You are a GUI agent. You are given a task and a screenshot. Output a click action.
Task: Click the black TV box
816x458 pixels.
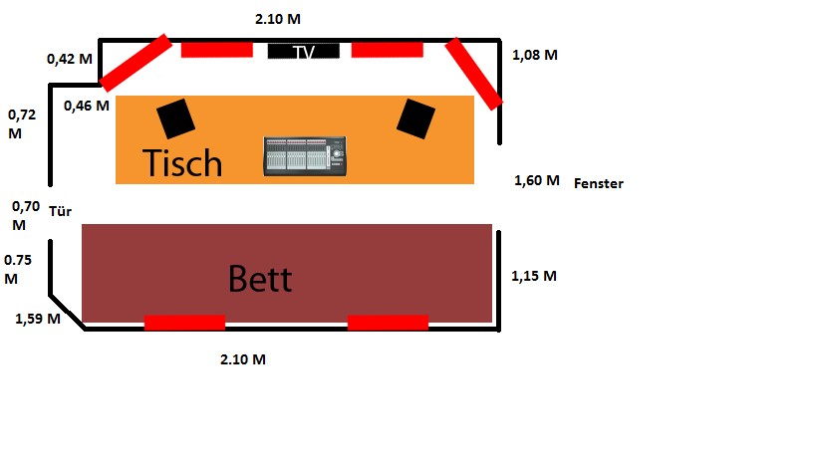(304, 51)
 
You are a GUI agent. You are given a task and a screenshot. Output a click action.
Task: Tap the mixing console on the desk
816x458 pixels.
(305, 156)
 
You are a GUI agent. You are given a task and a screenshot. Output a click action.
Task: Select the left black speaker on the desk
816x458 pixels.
(176, 118)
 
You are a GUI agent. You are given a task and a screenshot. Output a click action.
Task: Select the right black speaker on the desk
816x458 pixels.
(415, 118)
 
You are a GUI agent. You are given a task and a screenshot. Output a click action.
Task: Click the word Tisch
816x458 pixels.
(182, 162)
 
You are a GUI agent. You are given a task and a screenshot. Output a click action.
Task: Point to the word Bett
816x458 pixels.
(260, 279)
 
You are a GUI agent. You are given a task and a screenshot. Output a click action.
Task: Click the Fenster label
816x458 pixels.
(599, 183)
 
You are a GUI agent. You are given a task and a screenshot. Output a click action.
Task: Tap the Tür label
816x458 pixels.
(61, 211)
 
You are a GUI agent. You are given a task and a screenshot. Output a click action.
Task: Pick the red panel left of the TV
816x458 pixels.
(217, 50)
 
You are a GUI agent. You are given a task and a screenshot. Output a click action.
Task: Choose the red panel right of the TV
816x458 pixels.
(388, 50)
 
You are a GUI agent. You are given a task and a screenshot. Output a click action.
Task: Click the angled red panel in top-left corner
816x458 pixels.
(136, 63)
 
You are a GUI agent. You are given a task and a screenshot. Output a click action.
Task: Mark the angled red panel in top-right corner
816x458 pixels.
(473, 74)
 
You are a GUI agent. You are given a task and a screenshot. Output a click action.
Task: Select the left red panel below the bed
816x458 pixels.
(184, 323)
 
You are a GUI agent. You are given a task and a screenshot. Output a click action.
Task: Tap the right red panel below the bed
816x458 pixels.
(388, 323)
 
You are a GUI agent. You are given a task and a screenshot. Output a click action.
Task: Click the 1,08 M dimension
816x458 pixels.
(535, 55)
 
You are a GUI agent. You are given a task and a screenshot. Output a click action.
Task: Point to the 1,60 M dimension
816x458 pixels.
(537, 181)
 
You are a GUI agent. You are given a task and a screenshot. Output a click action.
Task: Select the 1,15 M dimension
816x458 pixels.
(534, 276)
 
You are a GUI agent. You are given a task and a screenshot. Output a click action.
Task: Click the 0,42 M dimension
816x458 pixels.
(70, 59)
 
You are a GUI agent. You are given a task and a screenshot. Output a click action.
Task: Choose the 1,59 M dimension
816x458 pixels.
(38, 319)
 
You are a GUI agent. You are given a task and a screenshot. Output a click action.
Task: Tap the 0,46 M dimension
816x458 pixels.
(87, 107)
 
